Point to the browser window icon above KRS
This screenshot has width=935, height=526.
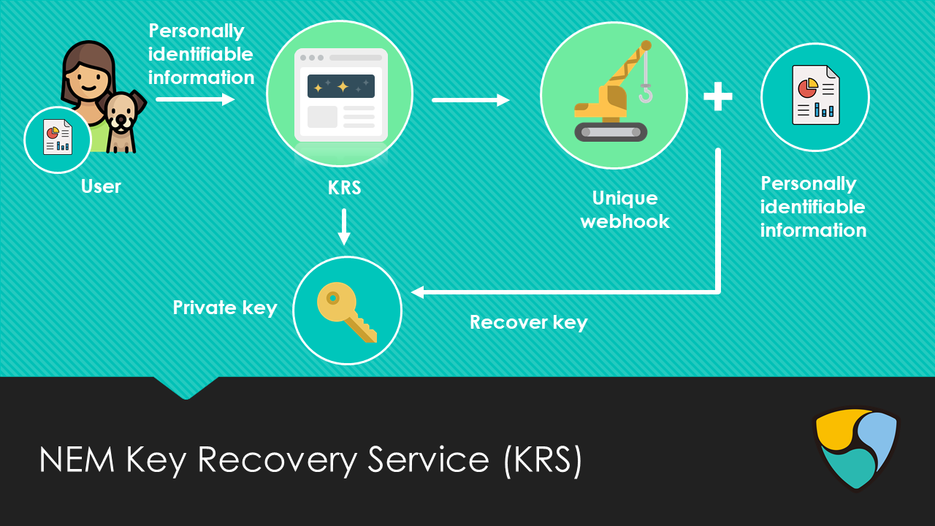pyautogui.click(x=340, y=95)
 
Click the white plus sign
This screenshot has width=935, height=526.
pyautogui.click(x=718, y=97)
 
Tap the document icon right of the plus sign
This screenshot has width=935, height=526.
pyautogui.click(x=815, y=96)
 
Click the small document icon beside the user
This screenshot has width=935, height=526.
pyautogui.click(x=57, y=137)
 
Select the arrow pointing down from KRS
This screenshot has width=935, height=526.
pyautogui.click(x=344, y=227)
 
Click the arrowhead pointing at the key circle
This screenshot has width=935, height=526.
pyautogui.click(x=418, y=292)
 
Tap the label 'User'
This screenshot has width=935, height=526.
pyautogui.click(x=101, y=186)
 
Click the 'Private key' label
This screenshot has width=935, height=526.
pyautogui.click(x=225, y=308)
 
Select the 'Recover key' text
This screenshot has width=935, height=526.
pyautogui.click(x=529, y=322)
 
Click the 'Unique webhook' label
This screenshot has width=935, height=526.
pyautogui.click(x=625, y=210)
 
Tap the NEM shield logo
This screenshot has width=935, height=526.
pyautogui.click(x=855, y=448)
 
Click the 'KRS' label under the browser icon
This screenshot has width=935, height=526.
pyautogui.click(x=344, y=188)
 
